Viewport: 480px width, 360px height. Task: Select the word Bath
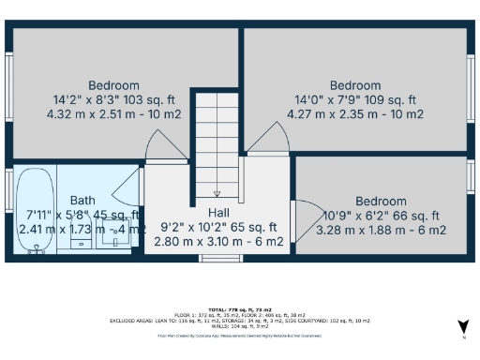pos(82,200)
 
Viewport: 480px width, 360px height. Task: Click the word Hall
pos(218,213)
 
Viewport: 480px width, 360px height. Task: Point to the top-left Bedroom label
pos(113,85)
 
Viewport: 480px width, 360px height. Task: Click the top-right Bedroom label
pos(354,85)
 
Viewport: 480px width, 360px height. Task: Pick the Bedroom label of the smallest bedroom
pos(381,201)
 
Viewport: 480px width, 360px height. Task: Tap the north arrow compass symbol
pos(462,326)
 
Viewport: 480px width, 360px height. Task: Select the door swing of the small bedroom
pos(305,216)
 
